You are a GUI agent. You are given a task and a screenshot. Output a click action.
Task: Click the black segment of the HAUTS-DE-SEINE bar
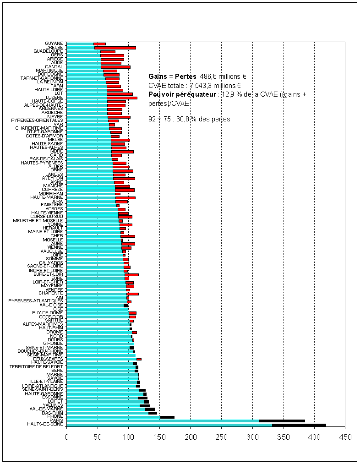tap(299, 425)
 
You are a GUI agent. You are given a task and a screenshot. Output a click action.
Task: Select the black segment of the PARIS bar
tap(282, 420)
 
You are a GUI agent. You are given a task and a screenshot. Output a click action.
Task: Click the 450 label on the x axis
tap(345, 437)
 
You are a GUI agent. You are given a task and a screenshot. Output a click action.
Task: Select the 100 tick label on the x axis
tap(129, 437)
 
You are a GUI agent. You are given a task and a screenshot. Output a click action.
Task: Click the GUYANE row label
tap(54, 44)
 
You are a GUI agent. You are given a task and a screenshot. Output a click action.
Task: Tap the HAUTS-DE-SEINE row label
tap(45, 425)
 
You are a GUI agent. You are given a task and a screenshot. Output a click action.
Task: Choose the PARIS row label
tap(57, 420)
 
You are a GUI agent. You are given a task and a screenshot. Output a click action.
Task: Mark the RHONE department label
tap(56, 417)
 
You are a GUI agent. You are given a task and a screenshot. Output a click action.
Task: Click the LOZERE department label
tap(55, 97)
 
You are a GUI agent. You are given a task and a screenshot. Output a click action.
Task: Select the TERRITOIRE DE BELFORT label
tap(36, 367)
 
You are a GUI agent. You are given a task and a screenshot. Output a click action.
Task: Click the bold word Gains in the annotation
tap(158, 76)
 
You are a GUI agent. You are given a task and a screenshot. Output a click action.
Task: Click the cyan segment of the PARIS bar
tap(163, 420)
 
